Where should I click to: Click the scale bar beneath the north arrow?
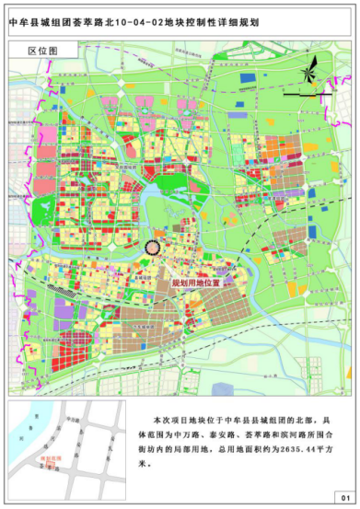click(x=305, y=95)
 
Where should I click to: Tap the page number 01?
click(x=343, y=496)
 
